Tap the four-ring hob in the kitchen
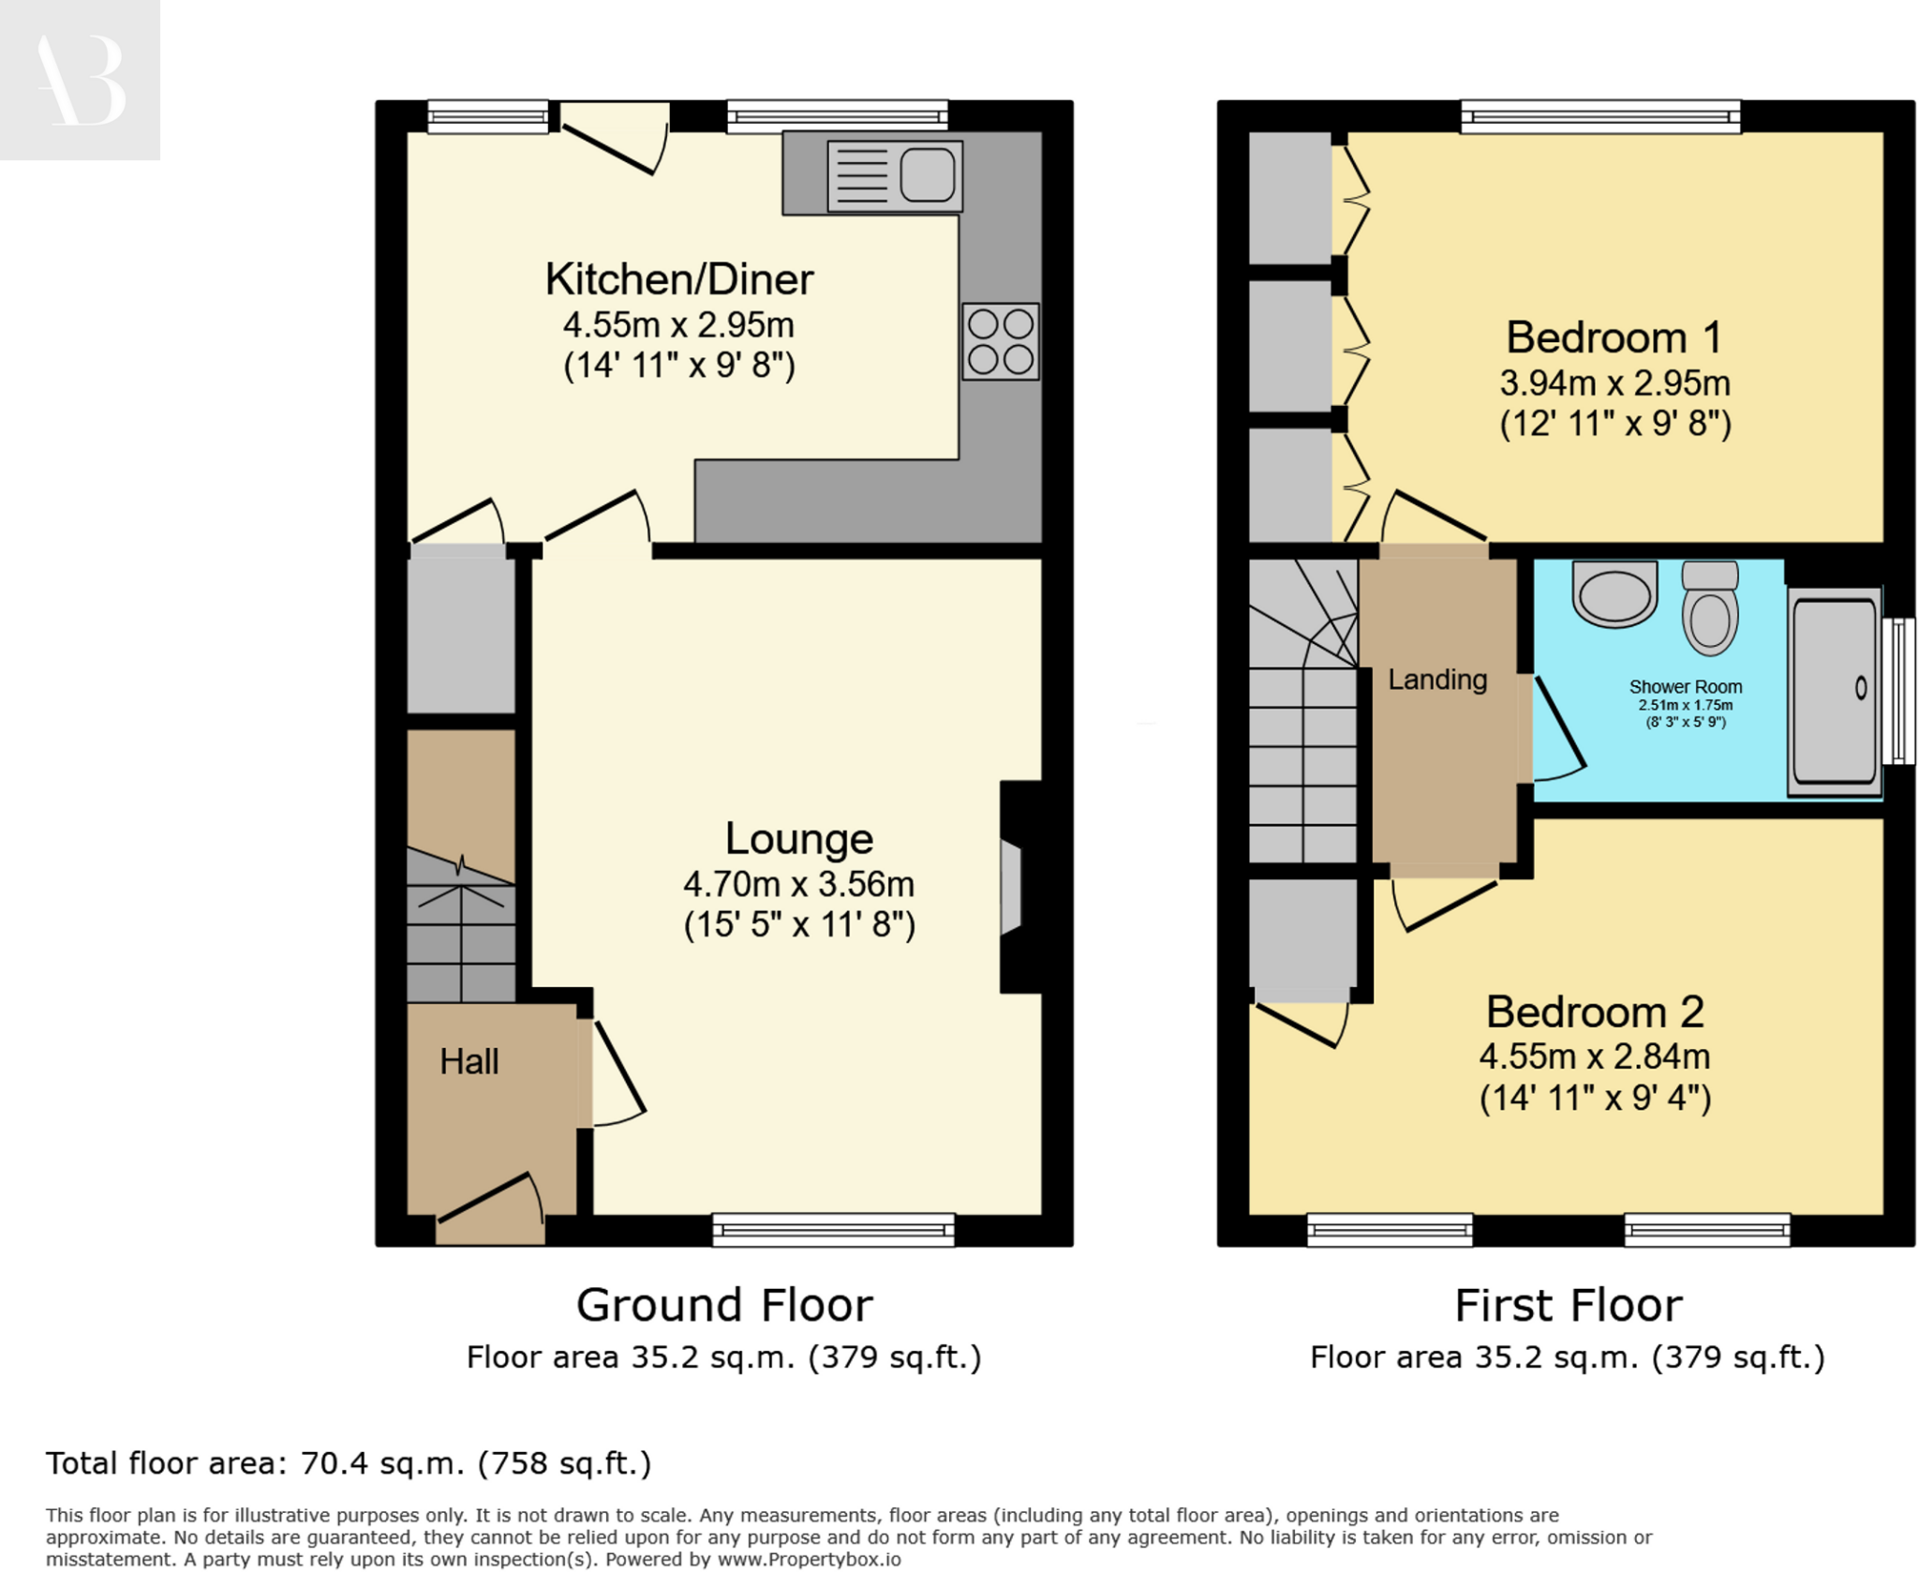coord(1000,341)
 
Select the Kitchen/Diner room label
coord(679,279)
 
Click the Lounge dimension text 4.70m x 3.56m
coord(798,884)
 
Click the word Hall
coord(469,1061)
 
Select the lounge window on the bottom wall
coord(833,1229)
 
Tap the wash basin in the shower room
coord(1614,592)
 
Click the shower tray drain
coord(1861,688)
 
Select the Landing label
coord(1436,680)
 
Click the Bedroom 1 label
coord(1614,337)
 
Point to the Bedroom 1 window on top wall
coord(1600,116)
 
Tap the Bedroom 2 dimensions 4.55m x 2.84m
coord(1594,1056)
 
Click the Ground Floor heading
coord(723,1305)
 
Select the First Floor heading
coord(1568,1305)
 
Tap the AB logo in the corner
coord(80,80)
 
